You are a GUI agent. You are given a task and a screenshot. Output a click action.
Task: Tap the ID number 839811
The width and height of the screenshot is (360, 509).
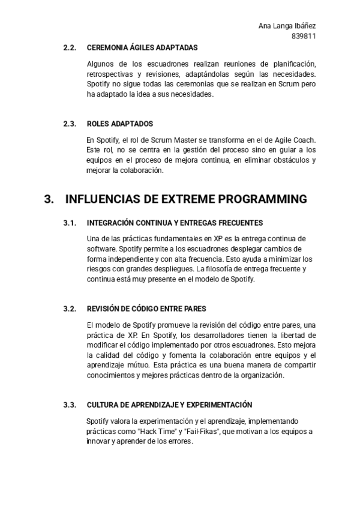click(304, 36)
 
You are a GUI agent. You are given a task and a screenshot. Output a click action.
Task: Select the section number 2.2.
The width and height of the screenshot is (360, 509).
click(70, 47)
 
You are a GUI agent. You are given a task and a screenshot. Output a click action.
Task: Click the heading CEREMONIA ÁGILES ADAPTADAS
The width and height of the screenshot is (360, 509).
click(142, 47)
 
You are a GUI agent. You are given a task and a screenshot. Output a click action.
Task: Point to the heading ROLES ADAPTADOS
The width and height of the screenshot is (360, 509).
click(119, 124)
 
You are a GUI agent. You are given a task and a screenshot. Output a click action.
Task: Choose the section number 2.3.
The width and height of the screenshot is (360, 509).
click(70, 124)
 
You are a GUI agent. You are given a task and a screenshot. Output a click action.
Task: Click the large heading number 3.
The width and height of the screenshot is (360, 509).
click(49, 199)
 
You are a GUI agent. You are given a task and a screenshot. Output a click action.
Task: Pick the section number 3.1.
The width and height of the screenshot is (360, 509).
click(70, 223)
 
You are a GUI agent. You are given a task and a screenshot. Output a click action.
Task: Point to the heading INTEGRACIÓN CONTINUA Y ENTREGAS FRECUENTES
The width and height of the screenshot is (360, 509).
click(166, 223)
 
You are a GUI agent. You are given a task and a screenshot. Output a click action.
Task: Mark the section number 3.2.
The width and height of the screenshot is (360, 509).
click(70, 309)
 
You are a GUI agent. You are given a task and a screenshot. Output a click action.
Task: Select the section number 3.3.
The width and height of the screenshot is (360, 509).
click(70, 405)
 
